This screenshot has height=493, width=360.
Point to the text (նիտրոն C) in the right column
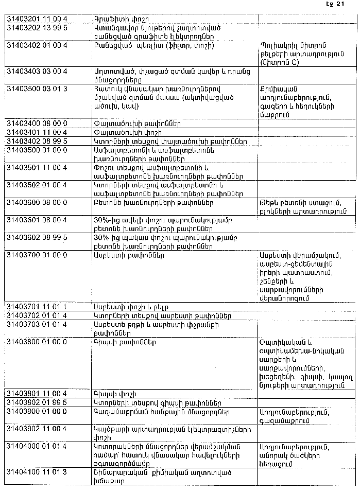click(x=281, y=62)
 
